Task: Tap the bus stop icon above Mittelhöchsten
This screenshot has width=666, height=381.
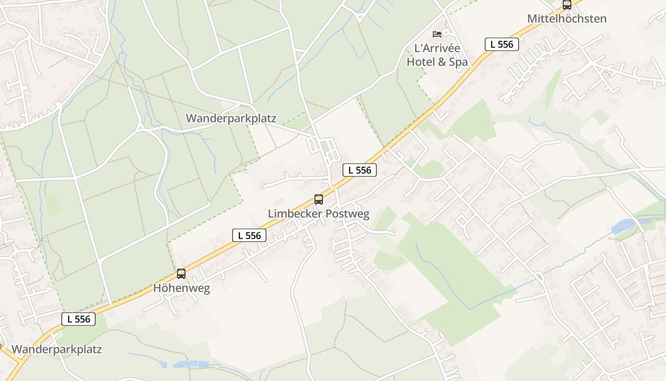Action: click(567, 5)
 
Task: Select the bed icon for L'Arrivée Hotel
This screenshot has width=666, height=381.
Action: click(437, 34)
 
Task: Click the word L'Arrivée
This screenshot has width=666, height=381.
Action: click(437, 48)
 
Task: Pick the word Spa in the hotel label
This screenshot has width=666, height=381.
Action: click(459, 62)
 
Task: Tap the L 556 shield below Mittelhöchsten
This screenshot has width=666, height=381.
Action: click(501, 44)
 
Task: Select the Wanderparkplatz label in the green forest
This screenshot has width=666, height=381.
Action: click(231, 118)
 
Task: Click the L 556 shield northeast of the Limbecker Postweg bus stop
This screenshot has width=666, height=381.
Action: click(360, 170)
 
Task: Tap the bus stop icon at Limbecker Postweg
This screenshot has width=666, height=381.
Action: click(319, 200)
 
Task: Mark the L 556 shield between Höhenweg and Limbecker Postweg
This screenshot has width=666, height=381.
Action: click(249, 235)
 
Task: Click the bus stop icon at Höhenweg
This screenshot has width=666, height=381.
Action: click(181, 274)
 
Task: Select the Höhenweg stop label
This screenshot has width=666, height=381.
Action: click(181, 288)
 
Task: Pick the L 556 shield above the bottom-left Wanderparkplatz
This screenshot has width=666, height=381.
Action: click(78, 319)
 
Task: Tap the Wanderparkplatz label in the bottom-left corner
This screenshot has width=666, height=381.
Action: click(57, 349)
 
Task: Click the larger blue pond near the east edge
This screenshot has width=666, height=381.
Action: click(624, 225)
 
